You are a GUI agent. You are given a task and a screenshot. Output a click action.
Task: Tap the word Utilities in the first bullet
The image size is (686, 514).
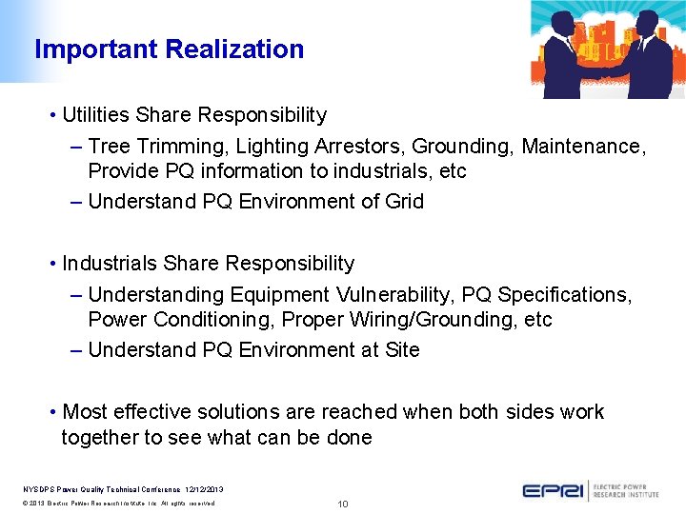point(96,115)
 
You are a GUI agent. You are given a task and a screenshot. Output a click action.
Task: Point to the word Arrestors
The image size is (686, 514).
point(335,147)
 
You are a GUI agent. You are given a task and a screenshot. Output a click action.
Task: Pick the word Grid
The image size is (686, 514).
point(404,202)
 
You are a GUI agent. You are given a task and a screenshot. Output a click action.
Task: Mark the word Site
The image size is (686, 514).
point(402,350)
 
